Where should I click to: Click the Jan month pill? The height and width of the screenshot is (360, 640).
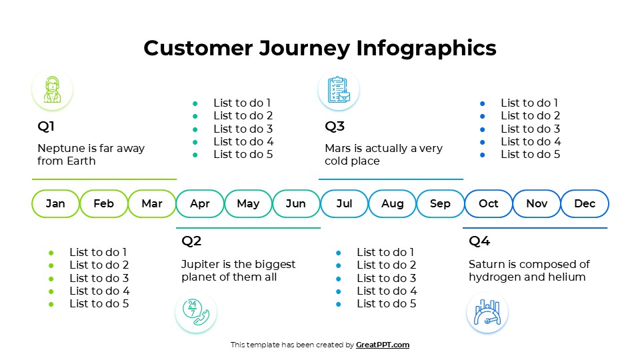[55, 204]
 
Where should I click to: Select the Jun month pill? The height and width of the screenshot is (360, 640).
[296, 204]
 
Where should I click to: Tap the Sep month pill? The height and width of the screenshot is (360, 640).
[440, 204]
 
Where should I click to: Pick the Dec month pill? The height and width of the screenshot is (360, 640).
[585, 204]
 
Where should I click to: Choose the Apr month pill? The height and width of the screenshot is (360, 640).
[200, 204]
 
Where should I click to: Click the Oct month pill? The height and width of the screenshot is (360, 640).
[488, 204]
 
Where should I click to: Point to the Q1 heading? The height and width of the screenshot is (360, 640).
[46, 127]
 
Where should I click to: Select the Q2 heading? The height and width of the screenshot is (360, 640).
[191, 241]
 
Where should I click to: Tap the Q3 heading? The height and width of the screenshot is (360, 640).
[335, 127]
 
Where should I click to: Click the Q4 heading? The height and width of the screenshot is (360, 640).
[479, 241]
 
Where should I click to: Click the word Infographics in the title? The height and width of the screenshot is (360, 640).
[426, 48]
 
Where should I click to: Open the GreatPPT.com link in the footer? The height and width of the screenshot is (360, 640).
[383, 345]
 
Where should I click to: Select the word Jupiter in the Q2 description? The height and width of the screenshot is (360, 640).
[201, 265]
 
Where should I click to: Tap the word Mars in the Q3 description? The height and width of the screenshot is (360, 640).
[338, 149]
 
